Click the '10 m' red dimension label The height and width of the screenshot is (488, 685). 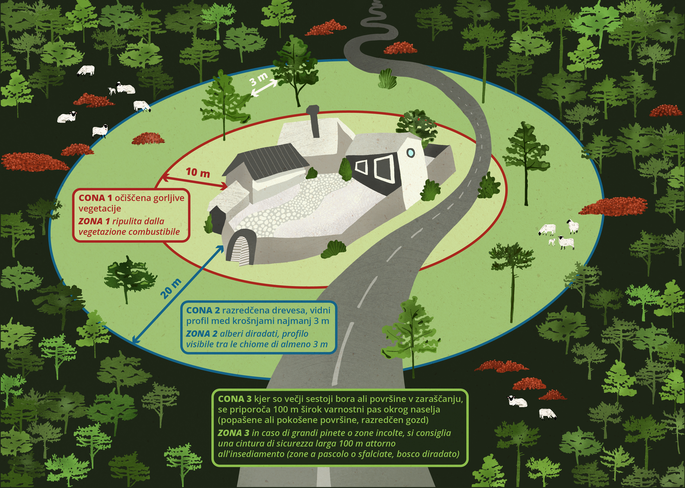(198, 172)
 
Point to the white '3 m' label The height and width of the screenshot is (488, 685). (259, 79)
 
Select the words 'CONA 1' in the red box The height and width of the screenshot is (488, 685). (95, 198)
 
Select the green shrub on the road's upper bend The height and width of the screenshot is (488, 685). (387, 79)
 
